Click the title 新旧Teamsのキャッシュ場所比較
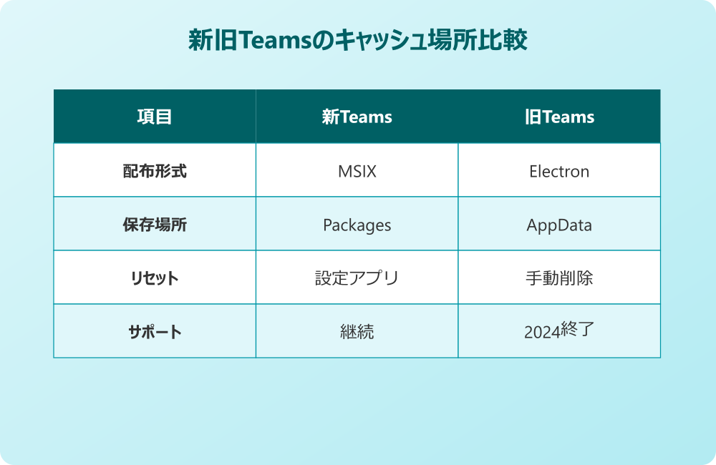pyautogui.click(x=357, y=41)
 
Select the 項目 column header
pyautogui.click(x=154, y=117)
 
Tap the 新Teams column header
pyautogui.click(x=357, y=117)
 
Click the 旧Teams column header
pyautogui.click(x=559, y=117)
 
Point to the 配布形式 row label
pyautogui.click(x=154, y=171)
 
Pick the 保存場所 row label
pyautogui.click(x=154, y=225)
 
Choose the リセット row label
pyautogui.click(x=154, y=278)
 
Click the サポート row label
pyautogui.click(x=154, y=332)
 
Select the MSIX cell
pyautogui.click(x=357, y=171)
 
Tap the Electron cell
pyautogui.click(x=559, y=171)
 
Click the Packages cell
pyautogui.click(x=357, y=225)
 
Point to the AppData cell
pyautogui.click(x=559, y=225)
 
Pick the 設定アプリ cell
pyautogui.click(x=357, y=278)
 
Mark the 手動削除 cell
pyautogui.click(x=559, y=278)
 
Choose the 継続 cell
pyautogui.click(x=357, y=332)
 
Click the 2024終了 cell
pyautogui.click(x=559, y=331)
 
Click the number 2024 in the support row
pyautogui.click(x=541, y=333)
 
